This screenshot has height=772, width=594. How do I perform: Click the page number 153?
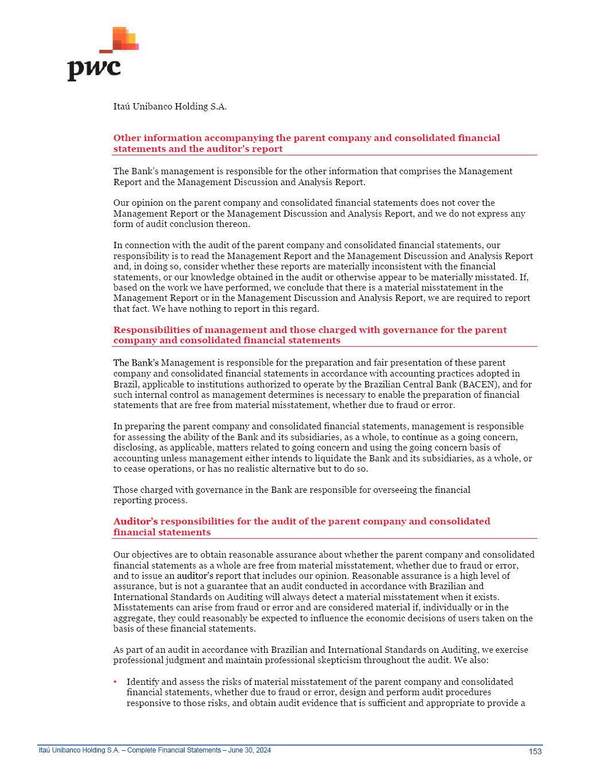[534, 751]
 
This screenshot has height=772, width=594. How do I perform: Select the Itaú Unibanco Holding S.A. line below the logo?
[170, 107]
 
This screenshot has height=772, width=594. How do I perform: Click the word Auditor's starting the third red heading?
[135, 522]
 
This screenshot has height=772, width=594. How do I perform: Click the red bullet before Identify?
[115, 682]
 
